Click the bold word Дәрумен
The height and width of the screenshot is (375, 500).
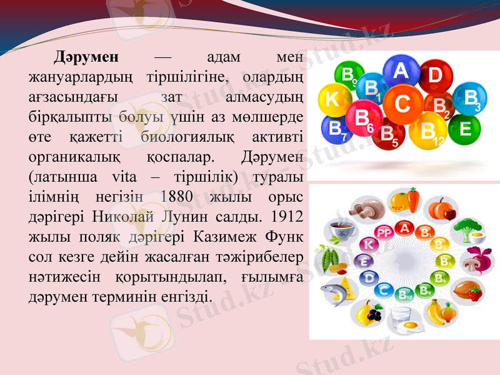(x=86, y=57)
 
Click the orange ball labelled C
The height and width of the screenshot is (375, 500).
(x=403, y=104)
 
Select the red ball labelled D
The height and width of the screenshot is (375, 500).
(x=436, y=76)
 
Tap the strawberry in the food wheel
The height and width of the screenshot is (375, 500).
(x=476, y=293)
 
